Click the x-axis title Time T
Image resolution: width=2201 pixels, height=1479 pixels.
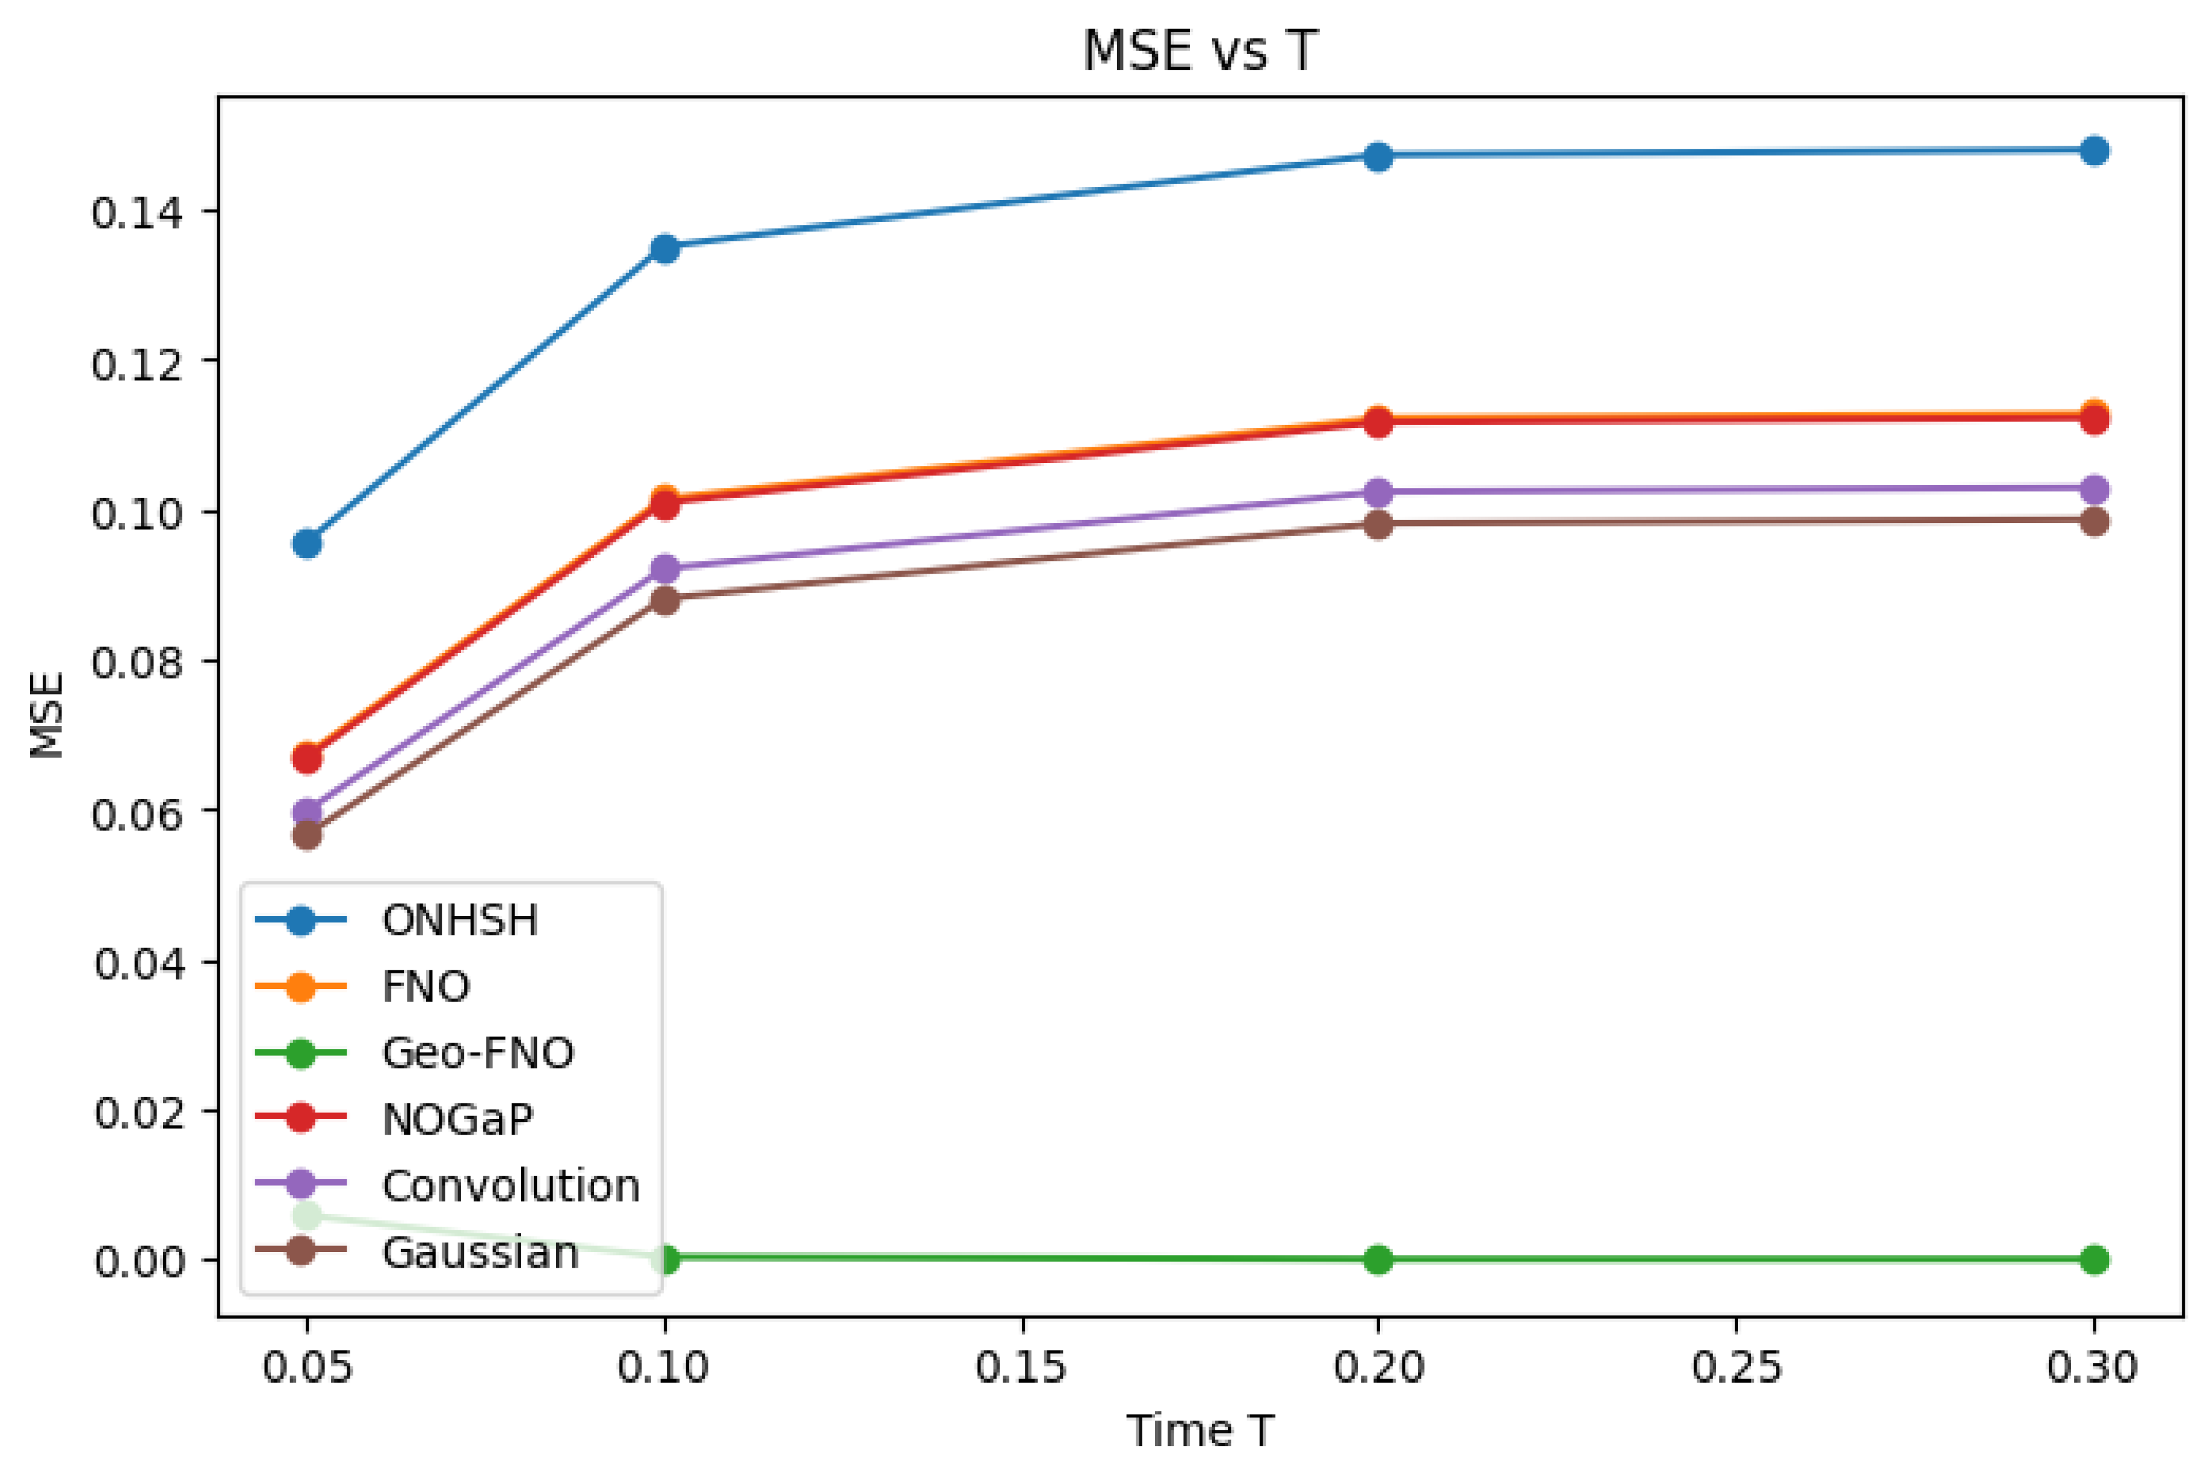click(x=1200, y=1431)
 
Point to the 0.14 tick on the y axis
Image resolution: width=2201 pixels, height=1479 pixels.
click(x=137, y=213)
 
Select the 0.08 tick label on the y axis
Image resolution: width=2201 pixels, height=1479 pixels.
click(x=137, y=663)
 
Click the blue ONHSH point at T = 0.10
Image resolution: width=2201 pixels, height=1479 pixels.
click(x=665, y=249)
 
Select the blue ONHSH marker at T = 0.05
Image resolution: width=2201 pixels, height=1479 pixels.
click(x=306, y=544)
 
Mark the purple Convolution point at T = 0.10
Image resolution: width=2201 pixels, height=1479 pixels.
click(x=665, y=569)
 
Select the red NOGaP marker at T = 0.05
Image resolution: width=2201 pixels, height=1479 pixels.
click(x=306, y=758)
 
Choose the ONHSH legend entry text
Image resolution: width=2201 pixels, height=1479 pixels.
click(x=459, y=920)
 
